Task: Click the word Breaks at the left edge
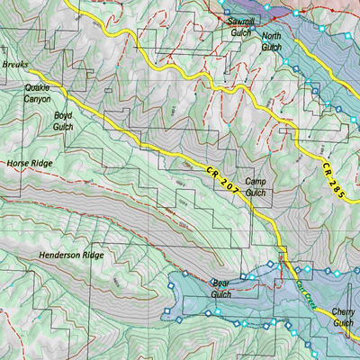(15, 66)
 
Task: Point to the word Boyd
(62, 116)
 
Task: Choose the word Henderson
(61, 256)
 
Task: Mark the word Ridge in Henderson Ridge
(94, 256)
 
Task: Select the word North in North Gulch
(271, 37)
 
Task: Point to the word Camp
(256, 182)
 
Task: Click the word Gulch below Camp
(256, 193)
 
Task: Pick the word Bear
(221, 283)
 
